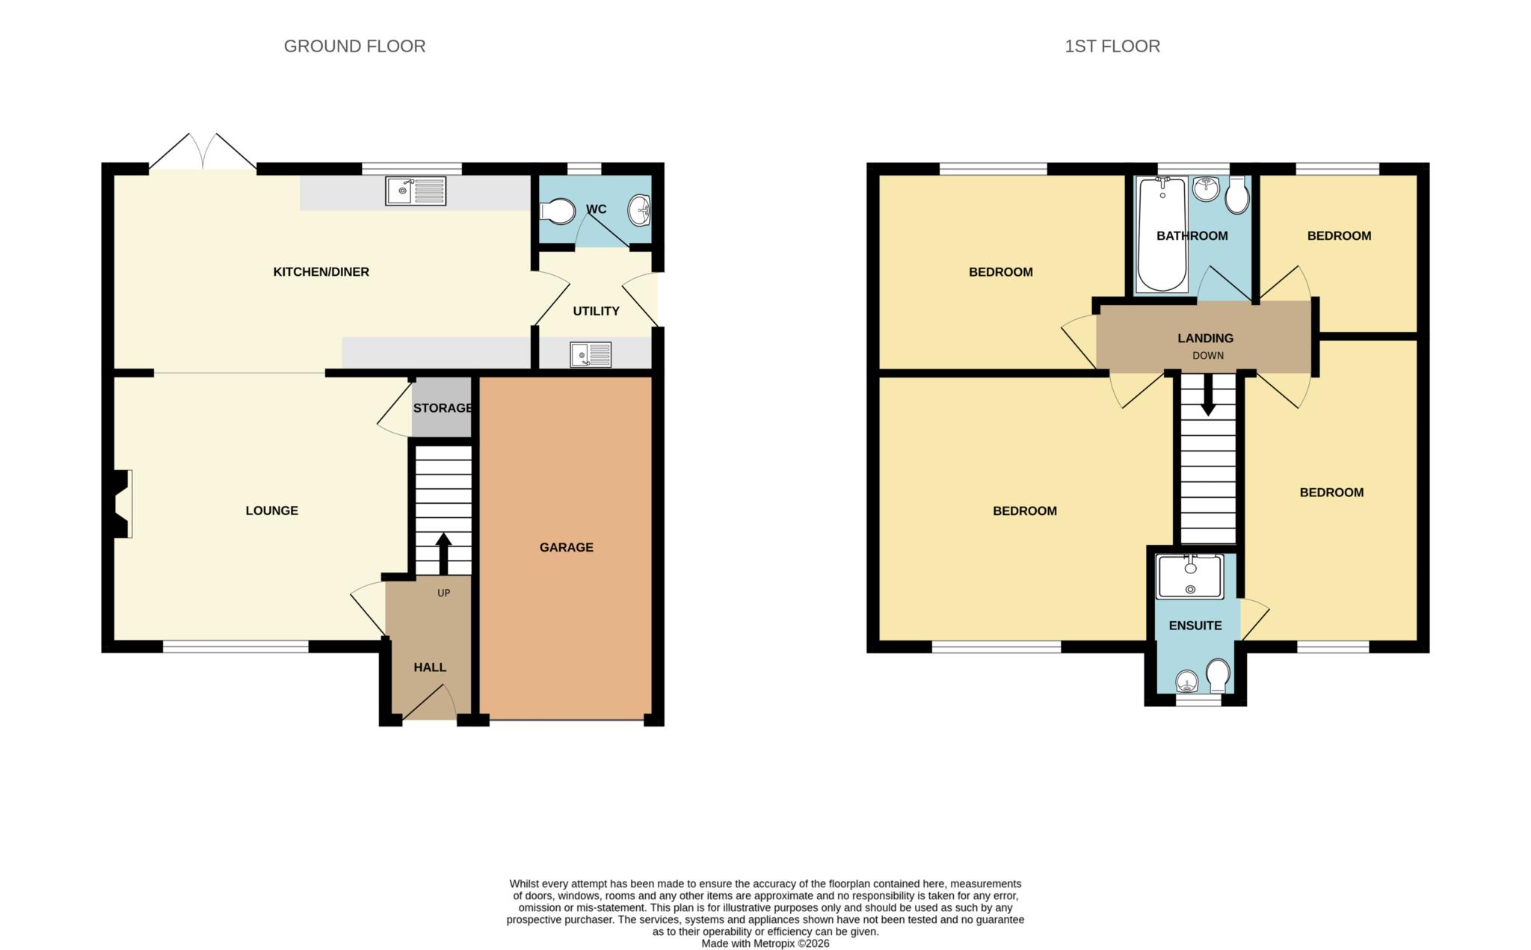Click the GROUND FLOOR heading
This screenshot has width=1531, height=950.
(354, 46)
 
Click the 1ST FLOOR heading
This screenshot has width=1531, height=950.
(1112, 46)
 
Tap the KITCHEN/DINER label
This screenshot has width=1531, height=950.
(321, 272)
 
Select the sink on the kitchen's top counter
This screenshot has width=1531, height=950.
(415, 191)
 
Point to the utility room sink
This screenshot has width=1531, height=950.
(590, 354)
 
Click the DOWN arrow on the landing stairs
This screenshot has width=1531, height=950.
(1207, 398)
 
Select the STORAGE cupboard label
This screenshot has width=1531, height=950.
(443, 408)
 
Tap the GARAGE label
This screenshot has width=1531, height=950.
(566, 547)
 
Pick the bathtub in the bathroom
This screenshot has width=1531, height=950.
(1161, 235)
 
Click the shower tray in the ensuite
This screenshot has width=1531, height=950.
(1189, 576)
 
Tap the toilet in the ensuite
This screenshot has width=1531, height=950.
(1218, 674)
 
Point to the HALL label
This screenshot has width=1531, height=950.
(430, 667)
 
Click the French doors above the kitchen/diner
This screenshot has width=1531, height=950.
(203, 153)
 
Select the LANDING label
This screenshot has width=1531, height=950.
(1205, 339)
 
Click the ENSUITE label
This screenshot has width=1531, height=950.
(1195, 626)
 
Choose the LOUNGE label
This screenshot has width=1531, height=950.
(271, 511)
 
